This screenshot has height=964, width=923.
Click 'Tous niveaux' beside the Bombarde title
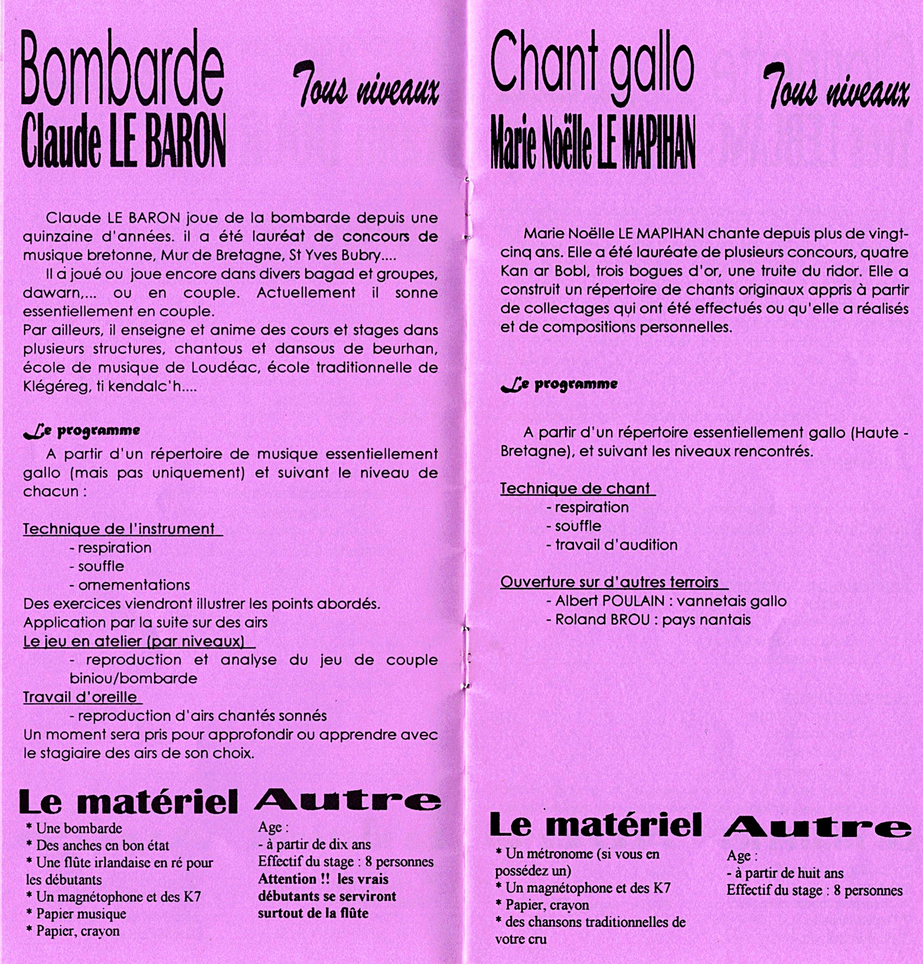pyautogui.click(x=366, y=89)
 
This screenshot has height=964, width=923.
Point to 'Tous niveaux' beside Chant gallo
pyautogui.click(x=836, y=89)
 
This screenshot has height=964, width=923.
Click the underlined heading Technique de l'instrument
pyautogui.click(x=119, y=528)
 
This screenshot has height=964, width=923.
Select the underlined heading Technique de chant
pyautogui.click(x=575, y=488)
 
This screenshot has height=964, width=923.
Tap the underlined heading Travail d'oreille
pyautogui.click(x=80, y=697)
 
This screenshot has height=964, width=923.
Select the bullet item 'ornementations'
pyautogui.click(x=134, y=585)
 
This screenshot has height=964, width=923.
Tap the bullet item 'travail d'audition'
pyautogui.click(x=616, y=544)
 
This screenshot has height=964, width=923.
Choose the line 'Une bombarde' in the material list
pyautogui.click(x=79, y=828)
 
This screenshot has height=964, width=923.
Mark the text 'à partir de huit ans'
pyautogui.click(x=788, y=873)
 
